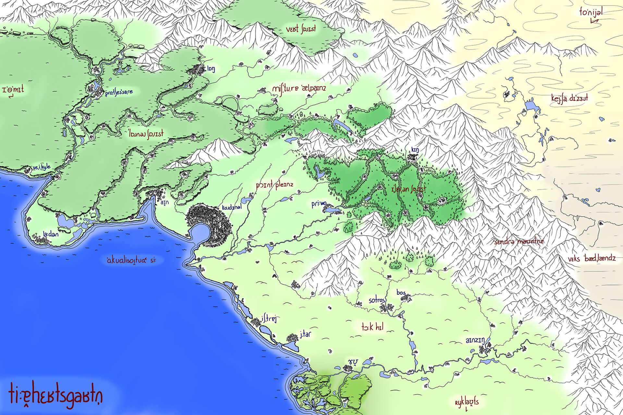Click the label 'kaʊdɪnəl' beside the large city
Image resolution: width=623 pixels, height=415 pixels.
tap(232, 207)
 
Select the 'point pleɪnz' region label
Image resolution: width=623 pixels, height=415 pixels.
tap(275, 185)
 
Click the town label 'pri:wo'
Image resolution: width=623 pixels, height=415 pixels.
tap(319, 204)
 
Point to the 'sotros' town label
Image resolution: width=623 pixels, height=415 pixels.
tap(377, 300)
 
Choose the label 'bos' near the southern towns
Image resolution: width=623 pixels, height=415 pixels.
tap(401, 292)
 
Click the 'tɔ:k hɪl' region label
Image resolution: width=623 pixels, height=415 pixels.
tap(373, 326)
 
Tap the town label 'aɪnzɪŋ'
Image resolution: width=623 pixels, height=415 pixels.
tap(475, 340)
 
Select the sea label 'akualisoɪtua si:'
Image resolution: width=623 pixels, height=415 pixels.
tap(131, 260)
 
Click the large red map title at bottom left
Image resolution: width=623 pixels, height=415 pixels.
tap(55, 397)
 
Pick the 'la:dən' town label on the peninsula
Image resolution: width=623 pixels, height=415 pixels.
tap(51, 234)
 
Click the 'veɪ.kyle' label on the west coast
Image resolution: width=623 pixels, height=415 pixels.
tap(42, 167)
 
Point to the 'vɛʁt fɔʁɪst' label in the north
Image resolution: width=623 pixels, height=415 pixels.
tap(301, 29)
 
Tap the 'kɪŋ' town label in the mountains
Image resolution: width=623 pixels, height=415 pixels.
tap(415, 149)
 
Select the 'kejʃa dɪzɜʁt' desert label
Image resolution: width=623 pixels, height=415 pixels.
tap(569, 98)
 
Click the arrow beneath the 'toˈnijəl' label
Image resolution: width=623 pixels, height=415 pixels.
tap(594, 21)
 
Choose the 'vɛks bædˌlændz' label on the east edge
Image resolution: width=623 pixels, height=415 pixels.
tap(592, 258)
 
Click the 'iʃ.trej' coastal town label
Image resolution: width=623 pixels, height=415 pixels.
tap(269, 319)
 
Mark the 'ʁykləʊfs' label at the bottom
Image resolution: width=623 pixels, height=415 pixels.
tap(467, 402)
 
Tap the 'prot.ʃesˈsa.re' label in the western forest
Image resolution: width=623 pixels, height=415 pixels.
tap(119, 92)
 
